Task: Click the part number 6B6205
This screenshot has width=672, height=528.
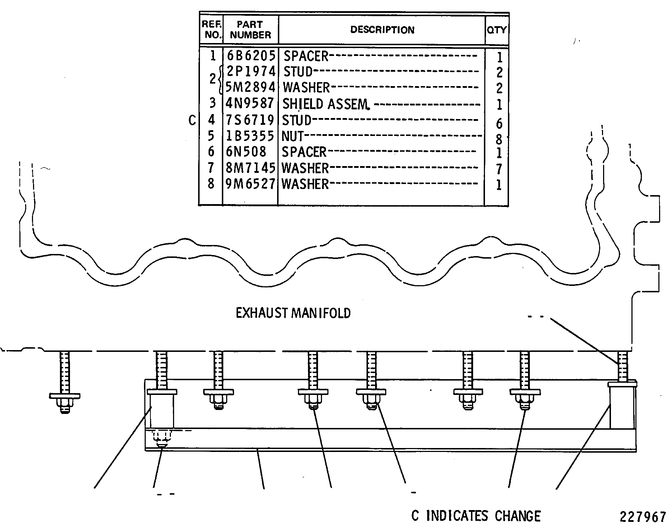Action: coord(251,56)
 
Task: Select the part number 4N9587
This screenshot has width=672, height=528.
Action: coord(250,103)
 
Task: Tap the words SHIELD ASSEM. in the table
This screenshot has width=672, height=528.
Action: coord(326,104)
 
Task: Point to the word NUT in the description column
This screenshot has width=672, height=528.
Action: coord(293,136)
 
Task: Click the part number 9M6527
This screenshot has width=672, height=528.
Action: coord(250,184)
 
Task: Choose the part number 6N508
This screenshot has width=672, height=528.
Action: coord(246,152)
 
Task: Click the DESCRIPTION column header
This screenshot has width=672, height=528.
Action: coord(382,30)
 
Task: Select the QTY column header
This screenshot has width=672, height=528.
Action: coord(497,30)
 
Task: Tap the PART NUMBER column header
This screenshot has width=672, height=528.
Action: coord(250,30)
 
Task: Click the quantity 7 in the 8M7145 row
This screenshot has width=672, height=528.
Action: coord(499,169)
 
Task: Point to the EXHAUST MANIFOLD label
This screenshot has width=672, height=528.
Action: coord(293,313)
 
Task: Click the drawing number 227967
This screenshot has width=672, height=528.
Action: coord(643,517)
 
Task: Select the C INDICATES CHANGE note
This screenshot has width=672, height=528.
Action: coord(476,516)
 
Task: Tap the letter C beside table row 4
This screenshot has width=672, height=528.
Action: coord(192,121)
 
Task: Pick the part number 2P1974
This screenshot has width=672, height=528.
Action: coord(251,71)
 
